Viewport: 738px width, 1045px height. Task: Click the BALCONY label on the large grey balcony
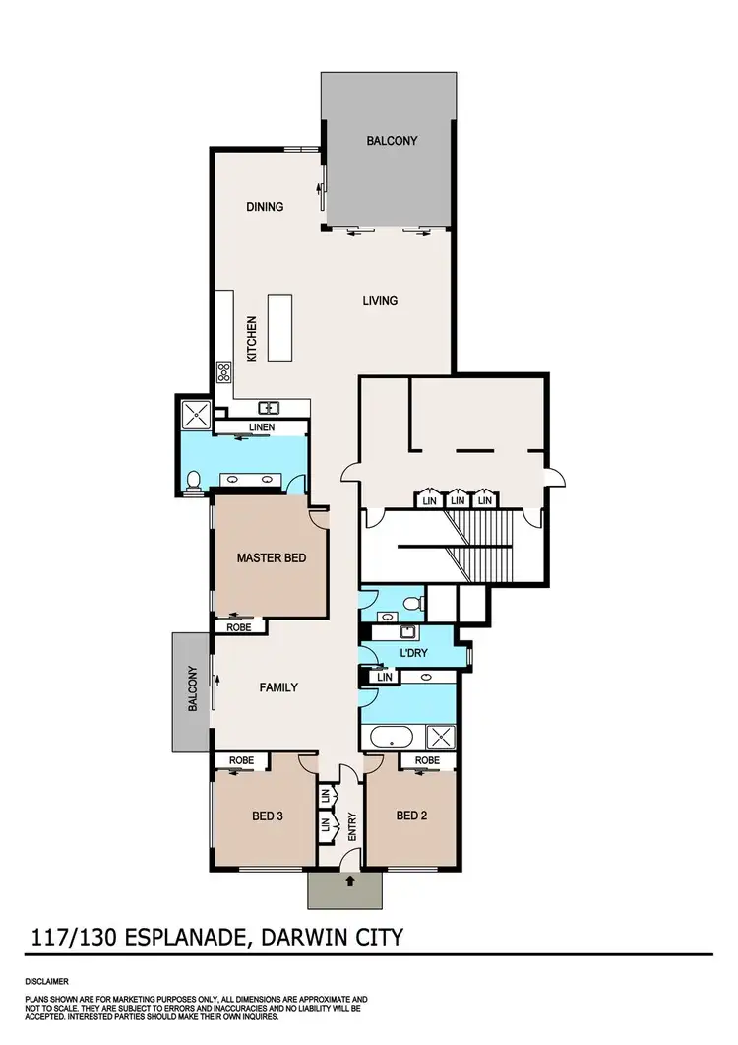pyautogui.click(x=392, y=141)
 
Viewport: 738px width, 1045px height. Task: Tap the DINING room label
pyautogui.click(x=265, y=207)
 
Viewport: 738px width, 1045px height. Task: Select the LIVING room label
pyautogui.click(x=380, y=300)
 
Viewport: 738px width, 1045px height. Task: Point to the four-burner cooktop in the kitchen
pyautogui.click(x=223, y=373)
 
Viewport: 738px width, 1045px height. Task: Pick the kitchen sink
pyautogui.click(x=269, y=407)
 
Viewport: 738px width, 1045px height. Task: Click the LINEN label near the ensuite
pyautogui.click(x=262, y=427)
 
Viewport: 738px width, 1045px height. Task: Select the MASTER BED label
pyautogui.click(x=272, y=557)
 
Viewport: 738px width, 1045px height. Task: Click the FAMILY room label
pyautogui.click(x=277, y=687)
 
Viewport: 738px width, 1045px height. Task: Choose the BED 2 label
pyautogui.click(x=412, y=815)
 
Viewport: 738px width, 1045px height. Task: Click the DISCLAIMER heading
pyautogui.click(x=47, y=982)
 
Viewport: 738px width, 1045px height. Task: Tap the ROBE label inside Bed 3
pyautogui.click(x=241, y=760)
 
